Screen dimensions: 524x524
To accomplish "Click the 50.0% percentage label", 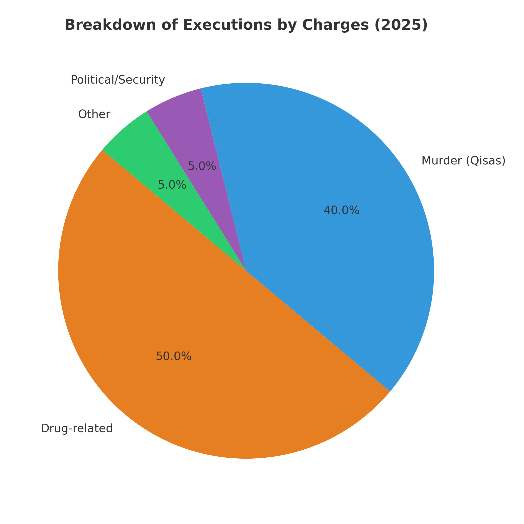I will click(x=174, y=356).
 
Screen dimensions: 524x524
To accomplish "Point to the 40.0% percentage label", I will click(x=341, y=210).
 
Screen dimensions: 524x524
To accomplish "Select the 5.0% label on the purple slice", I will click(x=202, y=166).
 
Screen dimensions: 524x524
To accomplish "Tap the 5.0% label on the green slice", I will click(x=172, y=185).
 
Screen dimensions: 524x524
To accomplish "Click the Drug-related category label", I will click(x=77, y=428).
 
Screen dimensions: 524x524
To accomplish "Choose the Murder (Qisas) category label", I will click(x=463, y=160).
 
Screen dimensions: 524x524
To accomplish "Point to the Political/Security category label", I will click(x=118, y=80).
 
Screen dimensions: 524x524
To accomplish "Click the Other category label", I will click(x=94, y=114).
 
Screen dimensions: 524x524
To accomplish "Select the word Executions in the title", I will click(x=227, y=25).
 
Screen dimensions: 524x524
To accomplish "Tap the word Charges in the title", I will click(x=336, y=25).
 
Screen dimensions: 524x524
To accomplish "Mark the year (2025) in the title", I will click(x=401, y=25).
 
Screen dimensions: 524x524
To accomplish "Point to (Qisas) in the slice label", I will click(x=486, y=160).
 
